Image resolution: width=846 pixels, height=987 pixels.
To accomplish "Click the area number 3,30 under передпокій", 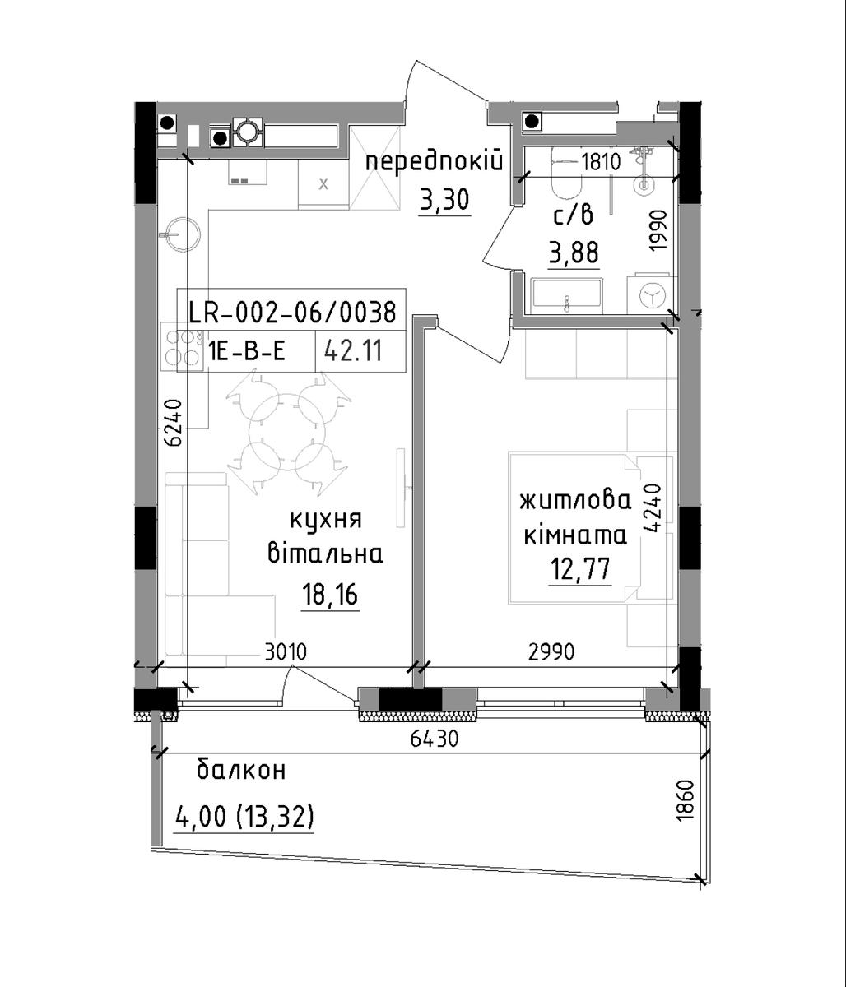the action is pos(444,200).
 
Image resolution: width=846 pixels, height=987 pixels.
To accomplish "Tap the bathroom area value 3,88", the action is pos(574,253).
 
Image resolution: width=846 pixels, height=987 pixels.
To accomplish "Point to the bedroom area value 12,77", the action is pos(580,568).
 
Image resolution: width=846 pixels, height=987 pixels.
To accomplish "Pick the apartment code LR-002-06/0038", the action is pos(292,313).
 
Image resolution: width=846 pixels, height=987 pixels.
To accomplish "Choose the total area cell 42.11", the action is pos(354,352).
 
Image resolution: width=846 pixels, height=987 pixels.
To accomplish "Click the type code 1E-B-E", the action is pos(247,352).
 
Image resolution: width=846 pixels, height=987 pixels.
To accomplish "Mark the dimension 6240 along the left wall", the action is pos(174,422).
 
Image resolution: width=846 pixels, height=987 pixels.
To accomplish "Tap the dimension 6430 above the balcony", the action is pos(435,739).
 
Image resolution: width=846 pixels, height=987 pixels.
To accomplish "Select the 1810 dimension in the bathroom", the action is pos(601,162).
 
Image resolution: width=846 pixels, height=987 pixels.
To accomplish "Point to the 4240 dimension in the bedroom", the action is pos(652,508).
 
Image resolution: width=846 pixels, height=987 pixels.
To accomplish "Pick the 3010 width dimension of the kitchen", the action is pos(286,651).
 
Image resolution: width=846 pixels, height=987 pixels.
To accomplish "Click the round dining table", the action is pos(287,432).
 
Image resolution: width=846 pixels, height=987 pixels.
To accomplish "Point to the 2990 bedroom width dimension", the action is pos(551,651).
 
